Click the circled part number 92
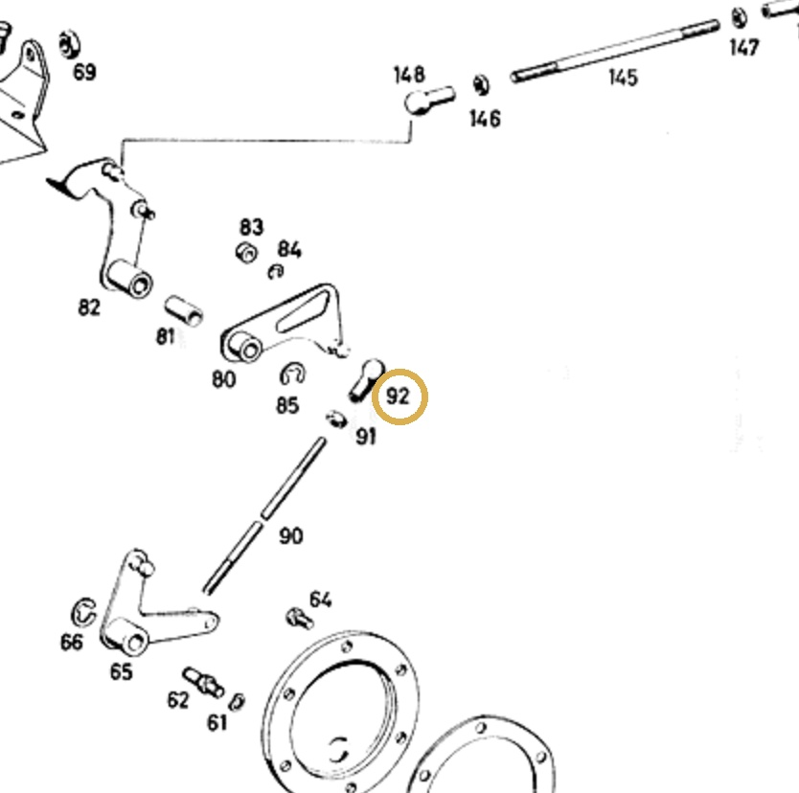(x=398, y=396)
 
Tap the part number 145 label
(x=623, y=78)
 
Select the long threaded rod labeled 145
(x=615, y=51)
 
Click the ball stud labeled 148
(x=429, y=100)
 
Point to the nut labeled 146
(x=481, y=85)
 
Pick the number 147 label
(x=744, y=47)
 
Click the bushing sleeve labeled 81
(x=183, y=310)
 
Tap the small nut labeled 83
(x=246, y=252)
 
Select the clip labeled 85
(x=292, y=374)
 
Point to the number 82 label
(x=89, y=307)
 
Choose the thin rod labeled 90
(x=264, y=515)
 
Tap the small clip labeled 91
(x=336, y=419)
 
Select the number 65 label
(x=122, y=671)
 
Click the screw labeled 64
(x=299, y=619)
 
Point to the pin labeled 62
(x=203, y=682)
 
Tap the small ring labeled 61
(x=237, y=702)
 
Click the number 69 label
(x=84, y=72)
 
